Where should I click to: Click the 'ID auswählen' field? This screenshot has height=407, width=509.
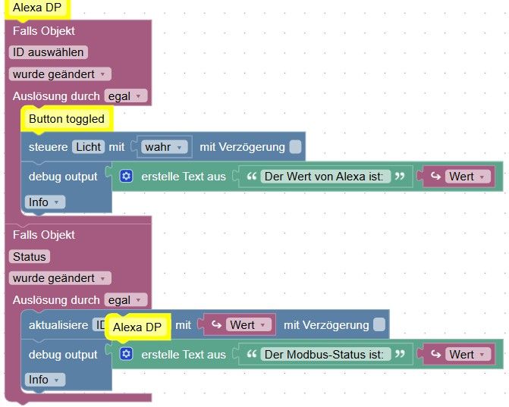[48, 52]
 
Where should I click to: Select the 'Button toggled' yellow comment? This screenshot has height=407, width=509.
[67, 119]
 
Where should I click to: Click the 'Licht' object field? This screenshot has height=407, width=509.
[89, 146]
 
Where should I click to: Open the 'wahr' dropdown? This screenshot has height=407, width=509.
[165, 146]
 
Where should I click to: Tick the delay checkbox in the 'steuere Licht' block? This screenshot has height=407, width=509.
[295, 146]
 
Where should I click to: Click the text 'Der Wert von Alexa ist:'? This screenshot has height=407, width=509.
[325, 176]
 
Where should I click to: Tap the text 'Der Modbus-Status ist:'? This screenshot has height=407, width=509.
[326, 354]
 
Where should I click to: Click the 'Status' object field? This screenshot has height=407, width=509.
[30, 256]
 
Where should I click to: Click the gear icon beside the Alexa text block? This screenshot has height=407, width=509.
[126, 176]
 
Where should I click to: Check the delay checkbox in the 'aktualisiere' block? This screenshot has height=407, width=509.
[379, 325]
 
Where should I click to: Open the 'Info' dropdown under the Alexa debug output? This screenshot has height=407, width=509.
[45, 202]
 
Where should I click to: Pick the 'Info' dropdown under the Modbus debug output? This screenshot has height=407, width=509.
[45, 379]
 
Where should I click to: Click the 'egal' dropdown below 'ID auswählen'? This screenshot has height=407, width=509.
[125, 96]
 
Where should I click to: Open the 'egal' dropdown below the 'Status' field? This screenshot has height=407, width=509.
[125, 300]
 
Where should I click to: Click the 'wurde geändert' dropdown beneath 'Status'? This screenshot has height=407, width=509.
[60, 278]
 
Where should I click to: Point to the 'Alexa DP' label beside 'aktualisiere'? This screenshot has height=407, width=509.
[137, 327]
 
